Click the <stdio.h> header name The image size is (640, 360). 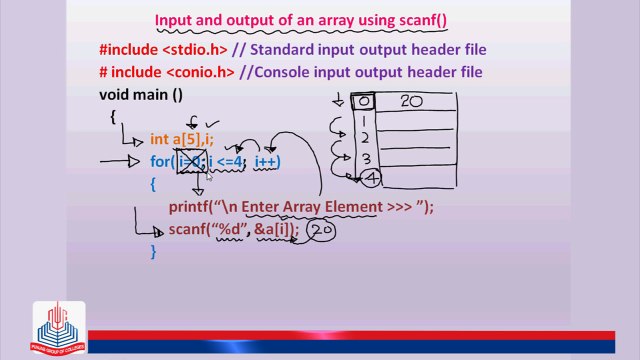click(210, 49)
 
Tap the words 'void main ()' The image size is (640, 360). click(140, 95)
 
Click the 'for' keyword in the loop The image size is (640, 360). click(160, 161)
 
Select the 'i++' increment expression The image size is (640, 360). click(267, 161)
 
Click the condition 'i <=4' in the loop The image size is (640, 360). click(226, 161)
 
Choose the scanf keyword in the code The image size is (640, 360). click(188, 230)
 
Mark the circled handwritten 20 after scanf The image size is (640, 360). click(320, 231)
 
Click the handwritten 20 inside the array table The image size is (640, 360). click(411, 101)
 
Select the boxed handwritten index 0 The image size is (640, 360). click(364, 101)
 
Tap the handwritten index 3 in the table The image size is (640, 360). click(366, 157)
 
